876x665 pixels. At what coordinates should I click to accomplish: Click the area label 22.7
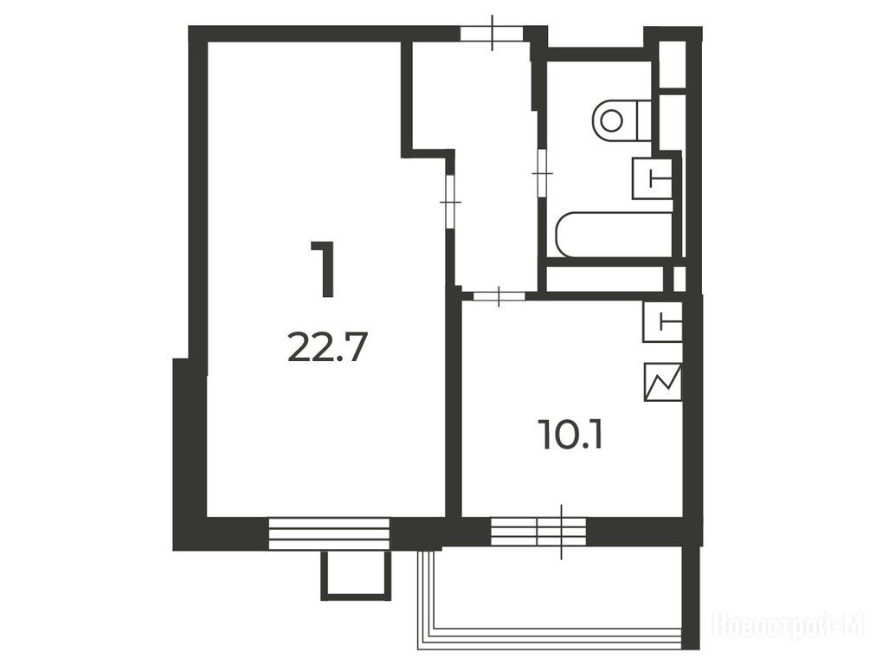pyautogui.click(x=327, y=348)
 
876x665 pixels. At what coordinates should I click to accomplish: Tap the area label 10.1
pyautogui.click(x=570, y=435)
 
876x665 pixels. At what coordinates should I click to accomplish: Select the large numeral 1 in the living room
pyautogui.click(x=323, y=269)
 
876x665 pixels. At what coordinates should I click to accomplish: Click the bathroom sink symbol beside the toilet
pyautogui.click(x=653, y=178)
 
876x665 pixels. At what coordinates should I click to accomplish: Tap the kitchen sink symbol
pyautogui.click(x=663, y=322)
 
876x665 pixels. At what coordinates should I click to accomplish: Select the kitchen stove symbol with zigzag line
pyautogui.click(x=663, y=382)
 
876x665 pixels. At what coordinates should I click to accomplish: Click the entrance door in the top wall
pyautogui.click(x=492, y=33)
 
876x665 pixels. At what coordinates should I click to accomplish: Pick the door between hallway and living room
pyautogui.click(x=450, y=201)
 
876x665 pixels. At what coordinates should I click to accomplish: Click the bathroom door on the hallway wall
pyautogui.click(x=541, y=173)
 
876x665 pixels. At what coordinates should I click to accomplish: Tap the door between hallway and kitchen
pyautogui.click(x=499, y=296)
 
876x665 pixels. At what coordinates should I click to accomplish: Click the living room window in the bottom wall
pyautogui.click(x=329, y=533)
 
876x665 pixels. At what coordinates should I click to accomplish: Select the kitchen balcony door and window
pyautogui.click(x=538, y=532)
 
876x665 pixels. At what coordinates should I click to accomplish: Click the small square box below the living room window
pyautogui.click(x=355, y=576)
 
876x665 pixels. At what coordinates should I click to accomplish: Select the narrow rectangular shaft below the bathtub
pyautogui.click(x=604, y=279)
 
